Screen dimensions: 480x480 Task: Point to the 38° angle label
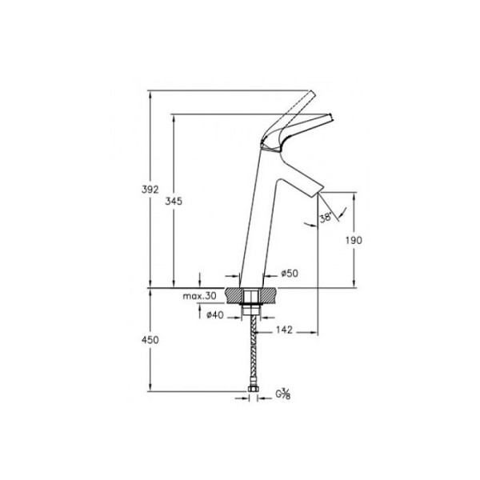pyautogui.click(x=325, y=218)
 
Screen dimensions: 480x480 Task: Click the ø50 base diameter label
pyautogui.click(x=291, y=274)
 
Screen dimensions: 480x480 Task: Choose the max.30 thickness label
pyautogui.click(x=199, y=296)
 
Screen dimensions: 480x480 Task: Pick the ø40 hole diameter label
pyautogui.click(x=214, y=316)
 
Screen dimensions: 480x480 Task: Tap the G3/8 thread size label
pyautogui.click(x=285, y=394)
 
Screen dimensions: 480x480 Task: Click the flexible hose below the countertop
pyautogui.click(x=254, y=352)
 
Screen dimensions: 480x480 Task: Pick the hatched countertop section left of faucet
pyautogui.click(x=235, y=295)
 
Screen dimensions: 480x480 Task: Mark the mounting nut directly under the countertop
pyautogui.click(x=254, y=308)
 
